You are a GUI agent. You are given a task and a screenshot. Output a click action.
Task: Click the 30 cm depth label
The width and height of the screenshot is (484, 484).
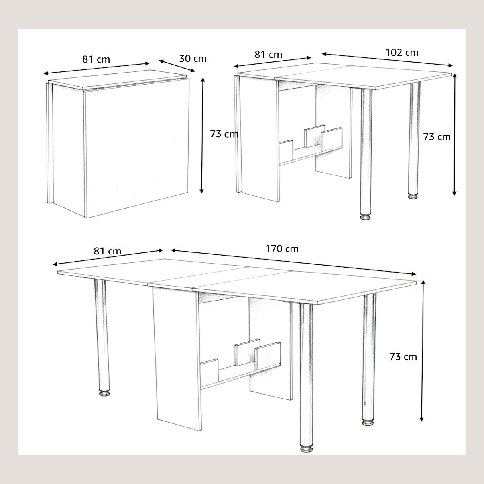coord(193,59)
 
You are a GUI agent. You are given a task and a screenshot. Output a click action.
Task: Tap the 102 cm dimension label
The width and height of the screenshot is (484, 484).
coord(402,53)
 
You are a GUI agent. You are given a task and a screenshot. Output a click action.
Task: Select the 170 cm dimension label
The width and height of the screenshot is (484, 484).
coord(282,249)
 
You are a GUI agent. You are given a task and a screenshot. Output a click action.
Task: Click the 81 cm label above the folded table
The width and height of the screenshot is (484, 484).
coord(96,59)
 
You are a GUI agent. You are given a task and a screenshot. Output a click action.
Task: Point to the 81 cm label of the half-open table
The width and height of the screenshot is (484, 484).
coord(268,55)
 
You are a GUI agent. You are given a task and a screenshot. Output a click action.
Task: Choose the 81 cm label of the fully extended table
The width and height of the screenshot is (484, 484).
coord(108,251)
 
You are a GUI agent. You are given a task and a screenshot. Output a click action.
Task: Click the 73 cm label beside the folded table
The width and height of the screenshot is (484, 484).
coord(224,134)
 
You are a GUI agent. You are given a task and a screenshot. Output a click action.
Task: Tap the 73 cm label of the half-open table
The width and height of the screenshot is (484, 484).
coord(437,137)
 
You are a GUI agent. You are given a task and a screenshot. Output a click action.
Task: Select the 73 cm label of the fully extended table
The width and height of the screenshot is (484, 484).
coord(403,357)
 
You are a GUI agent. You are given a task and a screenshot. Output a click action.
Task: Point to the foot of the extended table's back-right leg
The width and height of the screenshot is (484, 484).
coord(368,422)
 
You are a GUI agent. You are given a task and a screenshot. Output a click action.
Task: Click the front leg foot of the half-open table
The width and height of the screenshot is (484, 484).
coord(366,216)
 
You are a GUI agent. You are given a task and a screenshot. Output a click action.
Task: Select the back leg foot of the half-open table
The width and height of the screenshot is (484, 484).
coord(413,196)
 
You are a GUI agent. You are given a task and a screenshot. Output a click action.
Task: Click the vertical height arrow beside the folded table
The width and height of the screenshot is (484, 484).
coord(202,136)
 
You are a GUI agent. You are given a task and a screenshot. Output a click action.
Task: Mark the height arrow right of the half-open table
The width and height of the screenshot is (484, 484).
coord(454,134)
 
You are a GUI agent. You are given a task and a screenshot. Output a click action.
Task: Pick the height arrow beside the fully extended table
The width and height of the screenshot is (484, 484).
coord(423,351)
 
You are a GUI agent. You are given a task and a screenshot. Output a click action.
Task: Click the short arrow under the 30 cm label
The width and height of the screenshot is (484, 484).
coord(177,66)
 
